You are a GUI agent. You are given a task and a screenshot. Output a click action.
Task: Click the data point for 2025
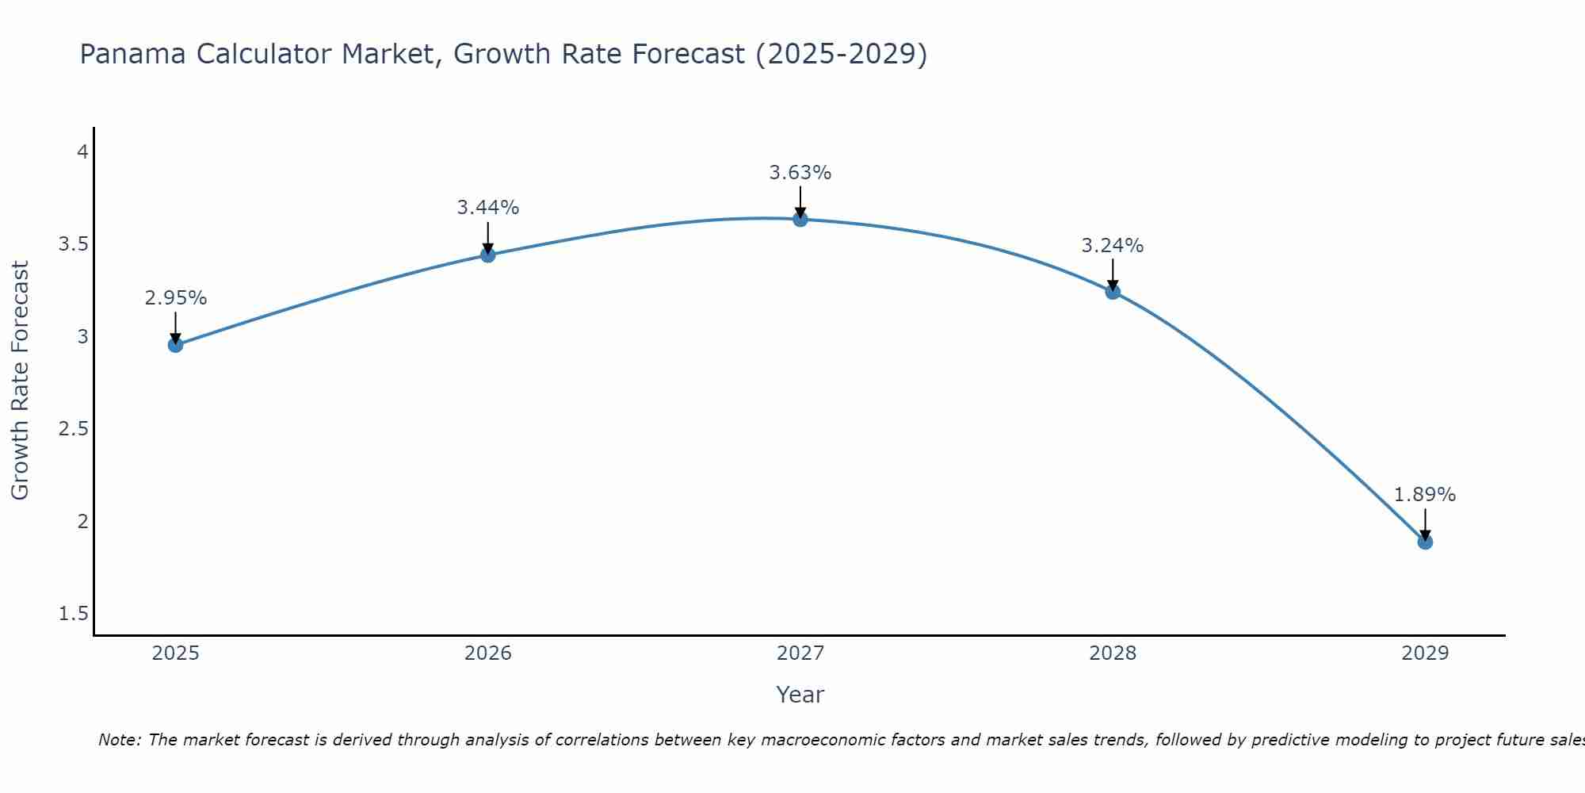tap(176, 345)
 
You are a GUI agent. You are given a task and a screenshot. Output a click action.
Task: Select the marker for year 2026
tap(488, 255)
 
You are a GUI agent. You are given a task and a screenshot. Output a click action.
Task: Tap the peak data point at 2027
tap(800, 219)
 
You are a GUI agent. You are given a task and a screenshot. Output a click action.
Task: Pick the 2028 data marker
tap(1113, 292)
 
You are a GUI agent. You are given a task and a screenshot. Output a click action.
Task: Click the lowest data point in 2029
tap(1425, 542)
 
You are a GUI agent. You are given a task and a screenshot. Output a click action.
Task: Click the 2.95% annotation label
tap(176, 298)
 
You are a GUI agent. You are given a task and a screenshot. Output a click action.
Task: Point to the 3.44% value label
tap(488, 208)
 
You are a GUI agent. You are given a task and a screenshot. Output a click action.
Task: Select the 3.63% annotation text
tap(800, 173)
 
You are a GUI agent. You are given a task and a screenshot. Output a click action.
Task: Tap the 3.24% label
tap(1113, 246)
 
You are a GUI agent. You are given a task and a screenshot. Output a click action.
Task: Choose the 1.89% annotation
tap(1425, 495)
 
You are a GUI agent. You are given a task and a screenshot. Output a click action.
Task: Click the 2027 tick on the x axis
tap(800, 653)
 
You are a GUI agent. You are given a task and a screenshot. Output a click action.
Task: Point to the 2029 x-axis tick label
tap(1425, 653)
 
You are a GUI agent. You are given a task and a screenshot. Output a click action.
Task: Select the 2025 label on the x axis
tap(176, 653)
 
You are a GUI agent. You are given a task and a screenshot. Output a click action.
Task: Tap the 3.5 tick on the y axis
tap(74, 244)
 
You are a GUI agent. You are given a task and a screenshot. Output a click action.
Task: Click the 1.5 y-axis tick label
tap(74, 614)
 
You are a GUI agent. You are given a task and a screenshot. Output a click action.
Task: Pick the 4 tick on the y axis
tap(82, 151)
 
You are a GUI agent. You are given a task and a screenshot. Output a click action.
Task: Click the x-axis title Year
tap(800, 695)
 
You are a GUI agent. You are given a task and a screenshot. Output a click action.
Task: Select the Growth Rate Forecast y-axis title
tap(20, 381)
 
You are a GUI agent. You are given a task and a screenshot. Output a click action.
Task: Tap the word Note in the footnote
tap(119, 740)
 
